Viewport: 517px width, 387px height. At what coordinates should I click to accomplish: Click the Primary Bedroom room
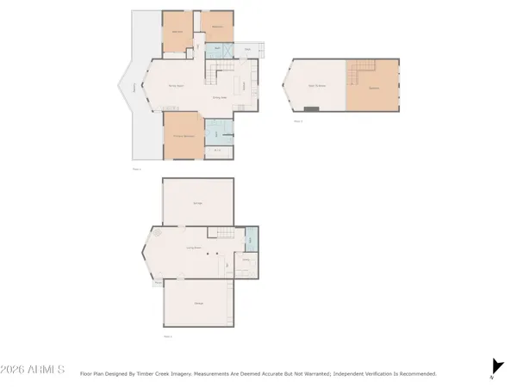(184, 136)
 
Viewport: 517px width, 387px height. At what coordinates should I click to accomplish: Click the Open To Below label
(317, 84)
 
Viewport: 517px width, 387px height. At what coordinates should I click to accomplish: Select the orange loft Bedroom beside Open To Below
(374, 89)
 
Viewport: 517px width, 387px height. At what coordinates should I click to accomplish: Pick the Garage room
(197, 202)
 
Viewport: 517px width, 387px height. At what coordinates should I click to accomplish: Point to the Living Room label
(195, 248)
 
